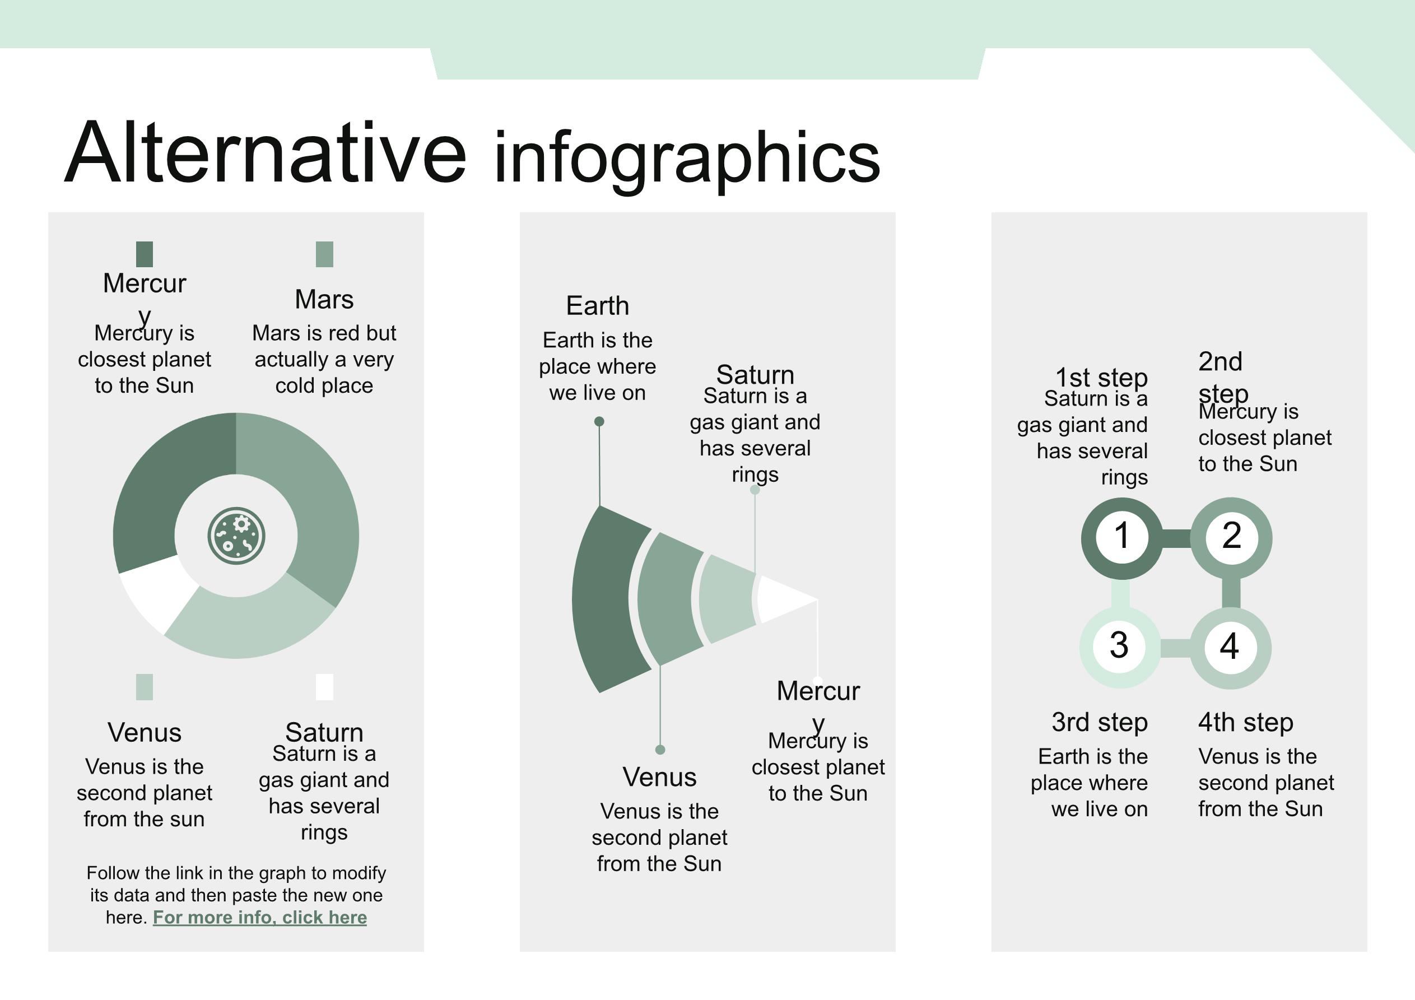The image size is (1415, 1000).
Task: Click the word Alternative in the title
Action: [x=266, y=152]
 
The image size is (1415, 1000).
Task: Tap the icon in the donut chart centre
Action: [x=236, y=535]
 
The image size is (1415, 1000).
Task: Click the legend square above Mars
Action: [x=324, y=254]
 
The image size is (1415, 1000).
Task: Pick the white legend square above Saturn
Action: [x=324, y=687]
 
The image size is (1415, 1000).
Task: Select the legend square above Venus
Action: [x=144, y=687]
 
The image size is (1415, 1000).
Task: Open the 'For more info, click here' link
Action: [x=259, y=918]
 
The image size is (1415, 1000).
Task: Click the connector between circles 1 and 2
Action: [x=1176, y=538]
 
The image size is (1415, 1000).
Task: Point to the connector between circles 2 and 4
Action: [x=1231, y=593]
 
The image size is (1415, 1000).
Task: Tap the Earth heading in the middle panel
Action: [x=597, y=306]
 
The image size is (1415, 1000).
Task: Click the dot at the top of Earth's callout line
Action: [x=599, y=422]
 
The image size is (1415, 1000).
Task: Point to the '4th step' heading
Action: [x=1245, y=722]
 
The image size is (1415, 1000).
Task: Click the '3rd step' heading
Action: [x=1100, y=722]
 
